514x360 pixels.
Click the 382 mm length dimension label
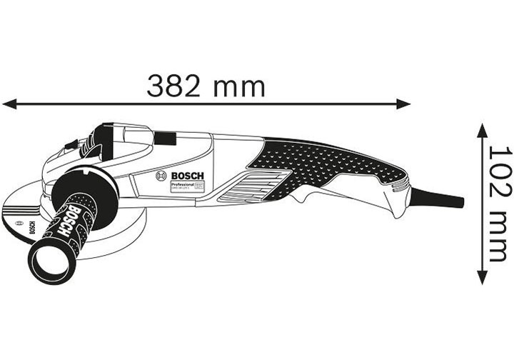click(x=206, y=86)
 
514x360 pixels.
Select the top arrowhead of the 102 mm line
click(x=483, y=129)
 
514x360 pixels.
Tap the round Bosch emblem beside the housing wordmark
click(x=161, y=176)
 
